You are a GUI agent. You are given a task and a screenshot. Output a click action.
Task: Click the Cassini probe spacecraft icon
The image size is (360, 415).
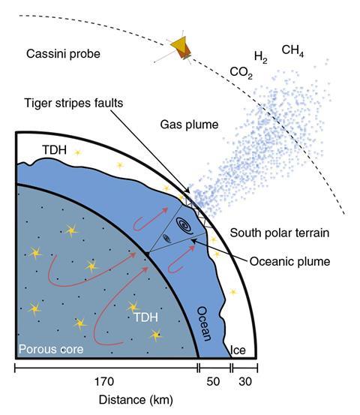click(181, 50)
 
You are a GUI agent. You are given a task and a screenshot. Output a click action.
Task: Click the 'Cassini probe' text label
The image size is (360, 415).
click(63, 54)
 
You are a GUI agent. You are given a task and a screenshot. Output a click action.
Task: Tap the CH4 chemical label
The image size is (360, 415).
click(292, 50)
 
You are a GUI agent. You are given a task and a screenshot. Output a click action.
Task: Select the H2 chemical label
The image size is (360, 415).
click(260, 57)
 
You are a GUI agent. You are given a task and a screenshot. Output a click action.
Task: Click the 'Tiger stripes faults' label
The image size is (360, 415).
click(73, 103)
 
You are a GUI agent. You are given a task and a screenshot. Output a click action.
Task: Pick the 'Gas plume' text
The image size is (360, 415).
click(190, 125)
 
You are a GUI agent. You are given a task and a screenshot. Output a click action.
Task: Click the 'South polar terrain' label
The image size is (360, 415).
click(280, 233)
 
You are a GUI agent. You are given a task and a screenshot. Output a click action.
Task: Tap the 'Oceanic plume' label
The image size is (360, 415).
click(289, 261)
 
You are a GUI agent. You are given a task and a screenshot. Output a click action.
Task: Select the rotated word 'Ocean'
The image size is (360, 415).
click(205, 323)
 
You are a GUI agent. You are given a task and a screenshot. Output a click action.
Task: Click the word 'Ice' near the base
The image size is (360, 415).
click(238, 350)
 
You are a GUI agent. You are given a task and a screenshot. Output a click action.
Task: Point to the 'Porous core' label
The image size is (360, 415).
click(51, 350)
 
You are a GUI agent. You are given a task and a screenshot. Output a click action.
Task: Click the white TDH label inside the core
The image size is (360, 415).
click(145, 317)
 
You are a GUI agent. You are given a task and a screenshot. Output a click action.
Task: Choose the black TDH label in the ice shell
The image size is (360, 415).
click(55, 150)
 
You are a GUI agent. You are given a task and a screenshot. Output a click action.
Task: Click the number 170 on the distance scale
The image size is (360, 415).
click(104, 382)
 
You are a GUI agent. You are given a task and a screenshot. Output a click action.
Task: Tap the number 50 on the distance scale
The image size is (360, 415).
click(213, 382)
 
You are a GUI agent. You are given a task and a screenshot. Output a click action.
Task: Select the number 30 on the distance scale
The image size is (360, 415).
click(245, 382)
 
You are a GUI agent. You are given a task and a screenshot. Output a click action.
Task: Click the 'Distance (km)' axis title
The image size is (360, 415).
click(136, 400)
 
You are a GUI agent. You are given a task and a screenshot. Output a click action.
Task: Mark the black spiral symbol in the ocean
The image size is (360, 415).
click(185, 225)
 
